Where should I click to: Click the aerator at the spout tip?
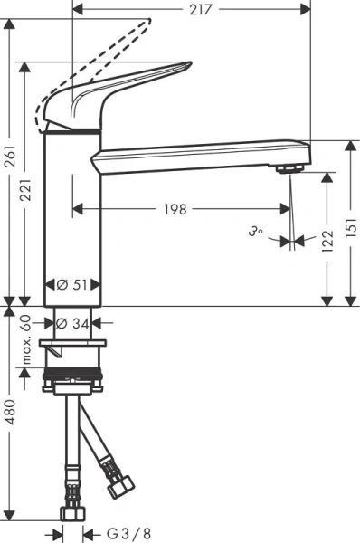(289, 168)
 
